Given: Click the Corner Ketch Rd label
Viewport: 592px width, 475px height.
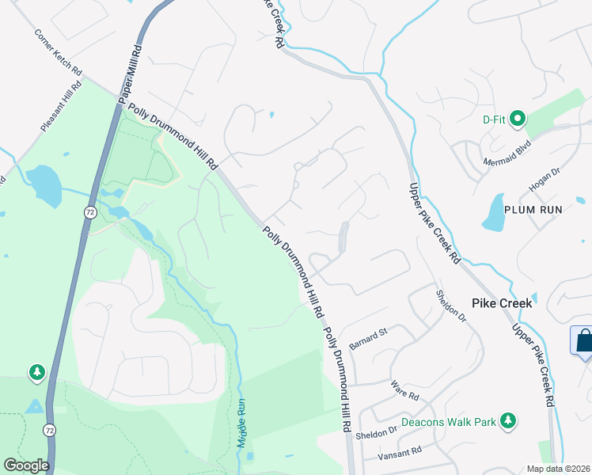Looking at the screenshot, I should point(58,54).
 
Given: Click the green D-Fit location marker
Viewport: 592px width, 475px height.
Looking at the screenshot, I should point(518,120).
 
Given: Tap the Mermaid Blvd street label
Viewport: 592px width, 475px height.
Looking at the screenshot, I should point(507,154).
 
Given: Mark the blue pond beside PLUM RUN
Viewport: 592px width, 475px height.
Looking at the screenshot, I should point(493,212).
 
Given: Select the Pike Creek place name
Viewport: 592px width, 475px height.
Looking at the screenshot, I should point(502,303).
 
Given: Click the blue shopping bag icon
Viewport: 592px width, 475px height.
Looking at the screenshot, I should point(583,340).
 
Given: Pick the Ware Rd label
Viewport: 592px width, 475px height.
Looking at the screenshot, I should point(404,388).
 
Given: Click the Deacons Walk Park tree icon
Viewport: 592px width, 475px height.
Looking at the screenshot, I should point(511,420).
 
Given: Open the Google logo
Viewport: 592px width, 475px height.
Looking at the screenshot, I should point(26,465).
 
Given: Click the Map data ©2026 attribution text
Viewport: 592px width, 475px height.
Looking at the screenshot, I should point(559,469).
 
